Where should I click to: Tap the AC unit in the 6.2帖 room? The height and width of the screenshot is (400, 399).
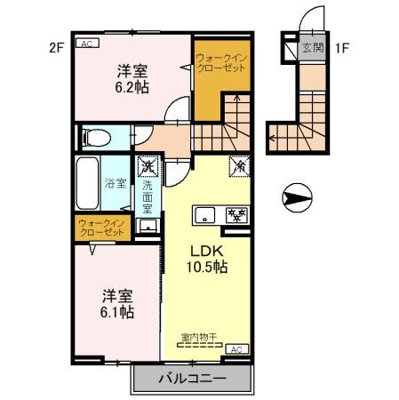point(87,42)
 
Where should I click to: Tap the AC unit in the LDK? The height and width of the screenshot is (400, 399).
point(235,349)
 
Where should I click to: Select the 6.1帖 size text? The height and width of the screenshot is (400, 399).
point(116,312)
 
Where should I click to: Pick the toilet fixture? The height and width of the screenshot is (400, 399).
point(94,138)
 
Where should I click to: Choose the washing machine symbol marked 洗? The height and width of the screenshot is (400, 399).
point(147,164)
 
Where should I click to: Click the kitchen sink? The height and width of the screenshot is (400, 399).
point(205,214)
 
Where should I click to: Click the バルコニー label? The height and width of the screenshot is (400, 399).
point(192,378)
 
